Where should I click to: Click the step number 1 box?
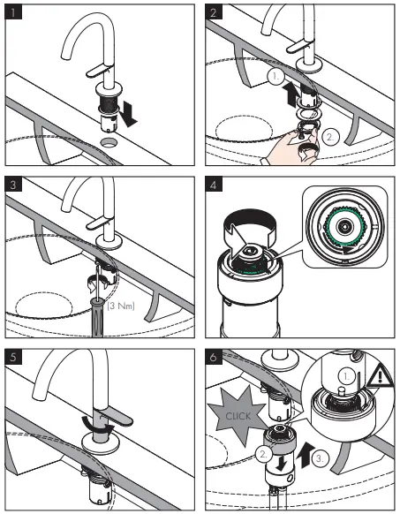[x=13, y=12]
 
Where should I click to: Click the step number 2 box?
[x=214, y=12]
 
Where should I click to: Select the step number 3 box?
[x=13, y=185]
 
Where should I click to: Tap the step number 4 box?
[x=214, y=185]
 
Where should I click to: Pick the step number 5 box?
[x=13, y=357]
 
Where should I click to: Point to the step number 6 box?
[x=214, y=357]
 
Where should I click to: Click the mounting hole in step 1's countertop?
[x=109, y=142]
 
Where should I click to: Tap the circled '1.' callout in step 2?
[x=275, y=77]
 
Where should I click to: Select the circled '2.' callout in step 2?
[x=330, y=137]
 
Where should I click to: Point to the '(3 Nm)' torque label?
[x=121, y=306]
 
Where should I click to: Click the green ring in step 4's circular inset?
[x=344, y=226]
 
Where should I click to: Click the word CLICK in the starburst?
[x=238, y=416]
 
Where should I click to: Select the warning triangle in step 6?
[x=380, y=375]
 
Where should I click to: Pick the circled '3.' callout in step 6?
[x=320, y=458]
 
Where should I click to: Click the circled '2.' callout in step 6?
[x=263, y=454]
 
